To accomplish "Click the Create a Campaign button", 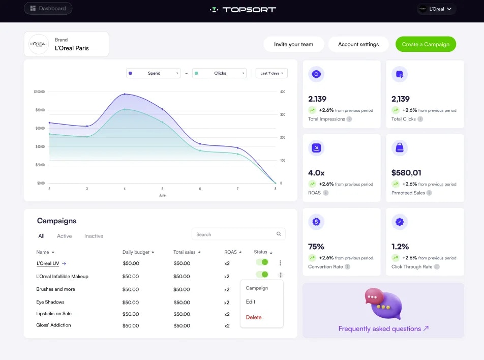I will [426, 44].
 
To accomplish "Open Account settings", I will [358, 44].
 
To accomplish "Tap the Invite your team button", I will [293, 44].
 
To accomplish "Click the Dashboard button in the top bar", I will [48, 8].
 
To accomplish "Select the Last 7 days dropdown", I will [271, 73].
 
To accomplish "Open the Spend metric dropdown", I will [154, 73].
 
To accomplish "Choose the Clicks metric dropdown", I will [219, 73].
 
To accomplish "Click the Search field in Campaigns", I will [238, 234].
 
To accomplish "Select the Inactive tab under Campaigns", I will [94, 236].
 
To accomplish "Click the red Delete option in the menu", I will [254, 317].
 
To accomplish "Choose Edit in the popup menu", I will [251, 302].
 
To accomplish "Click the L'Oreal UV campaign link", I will [48, 263].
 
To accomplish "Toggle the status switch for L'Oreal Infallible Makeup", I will [262, 275].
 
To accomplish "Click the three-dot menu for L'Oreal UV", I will [280, 263].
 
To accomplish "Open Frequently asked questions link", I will [383, 328].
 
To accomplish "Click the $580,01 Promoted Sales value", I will [406, 173].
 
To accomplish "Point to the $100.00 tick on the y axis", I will [39, 92].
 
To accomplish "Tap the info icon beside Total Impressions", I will [349, 119].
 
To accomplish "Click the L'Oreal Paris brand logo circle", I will [39, 44].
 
